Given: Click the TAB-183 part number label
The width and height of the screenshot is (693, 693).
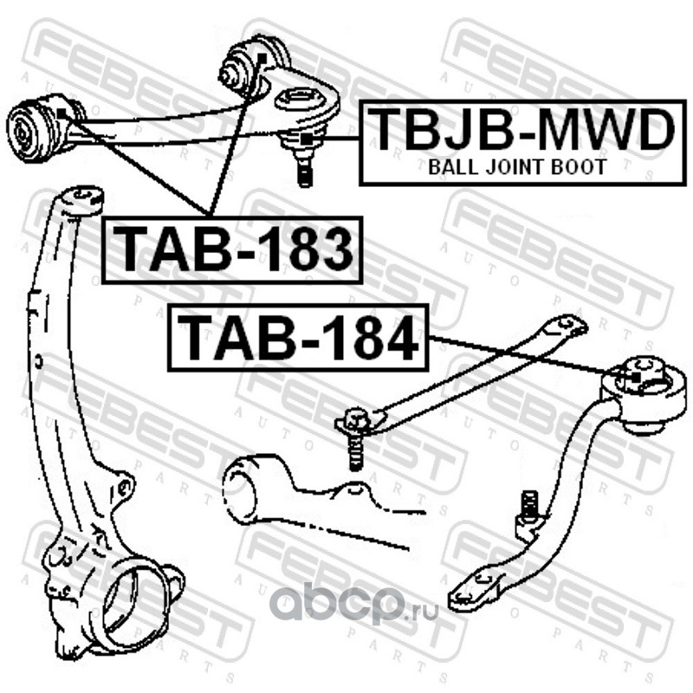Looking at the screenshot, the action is pyautogui.click(x=231, y=249).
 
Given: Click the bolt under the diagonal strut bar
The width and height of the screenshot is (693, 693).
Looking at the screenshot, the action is pyautogui.click(x=354, y=446).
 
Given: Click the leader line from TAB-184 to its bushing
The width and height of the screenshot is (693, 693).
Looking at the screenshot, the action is pyautogui.click(x=520, y=356).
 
